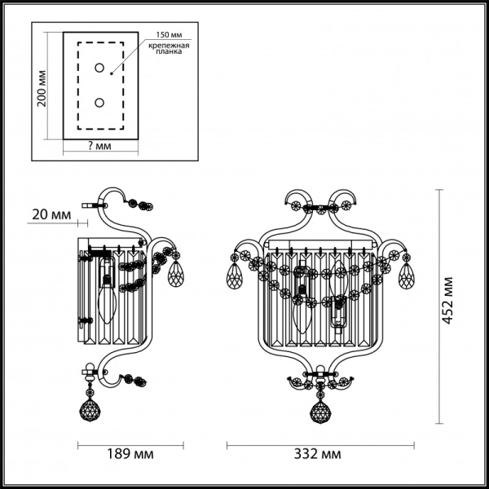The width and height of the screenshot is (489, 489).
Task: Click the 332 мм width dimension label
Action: (x=319, y=453)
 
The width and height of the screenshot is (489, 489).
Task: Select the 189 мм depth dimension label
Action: (x=130, y=453)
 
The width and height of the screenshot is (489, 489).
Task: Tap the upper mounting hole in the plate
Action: (x=99, y=68)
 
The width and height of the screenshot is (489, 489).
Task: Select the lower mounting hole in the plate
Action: (x=99, y=103)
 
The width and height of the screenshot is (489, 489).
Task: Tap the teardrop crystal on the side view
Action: (x=174, y=275)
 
